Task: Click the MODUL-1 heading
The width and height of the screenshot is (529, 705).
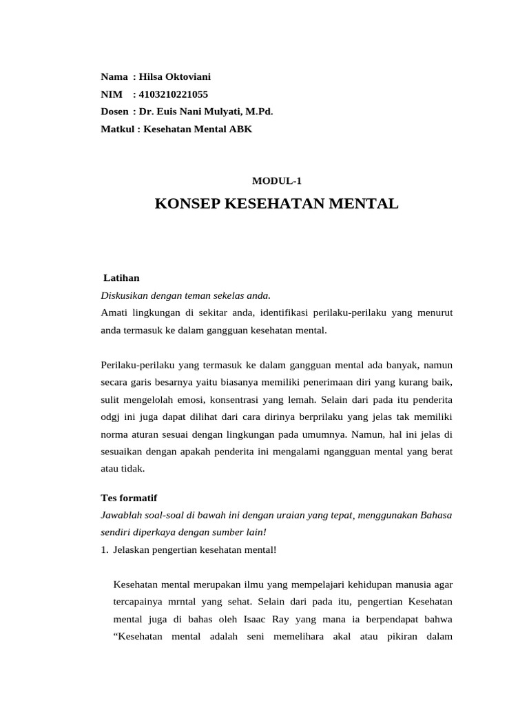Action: pyautogui.click(x=277, y=181)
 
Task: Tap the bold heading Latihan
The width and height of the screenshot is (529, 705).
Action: pyautogui.click(x=121, y=277)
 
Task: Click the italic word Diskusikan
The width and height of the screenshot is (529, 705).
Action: pyautogui.click(x=124, y=295)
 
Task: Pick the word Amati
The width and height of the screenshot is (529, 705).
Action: pyautogui.click(x=114, y=313)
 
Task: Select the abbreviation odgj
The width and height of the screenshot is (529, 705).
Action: pyautogui.click(x=111, y=417)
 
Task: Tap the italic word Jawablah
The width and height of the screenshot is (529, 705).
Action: pyautogui.click(x=121, y=515)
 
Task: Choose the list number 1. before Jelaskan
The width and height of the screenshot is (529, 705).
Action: pyautogui.click(x=105, y=549)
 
